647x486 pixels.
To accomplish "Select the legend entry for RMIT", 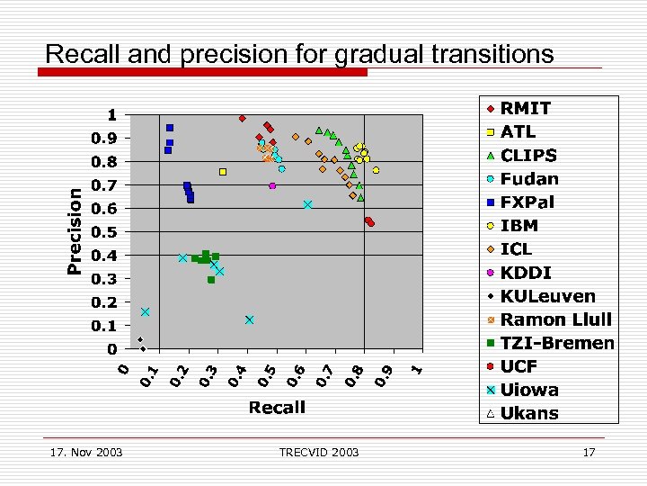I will point(526,109).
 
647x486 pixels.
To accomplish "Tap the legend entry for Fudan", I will point(529,179).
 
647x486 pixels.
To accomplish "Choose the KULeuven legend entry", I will point(547,296).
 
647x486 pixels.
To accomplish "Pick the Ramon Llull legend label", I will point(555,319).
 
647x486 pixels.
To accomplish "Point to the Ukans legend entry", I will point(529,413).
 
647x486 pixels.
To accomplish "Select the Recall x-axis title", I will point(276,408).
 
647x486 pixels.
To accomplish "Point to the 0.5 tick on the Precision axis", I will point(106,232).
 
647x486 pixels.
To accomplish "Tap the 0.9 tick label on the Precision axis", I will point(106,139).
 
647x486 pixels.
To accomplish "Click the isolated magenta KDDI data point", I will point(272,185).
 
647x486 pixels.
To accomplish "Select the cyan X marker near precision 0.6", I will point(307,205).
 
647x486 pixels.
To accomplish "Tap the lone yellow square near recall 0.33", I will point(223,171).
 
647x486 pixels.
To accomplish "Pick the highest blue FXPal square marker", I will point(170,128).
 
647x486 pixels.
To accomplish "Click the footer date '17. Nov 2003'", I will point(86,452).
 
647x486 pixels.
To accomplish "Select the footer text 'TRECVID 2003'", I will point(318,452).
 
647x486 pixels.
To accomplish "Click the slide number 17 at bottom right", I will point(589,452).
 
